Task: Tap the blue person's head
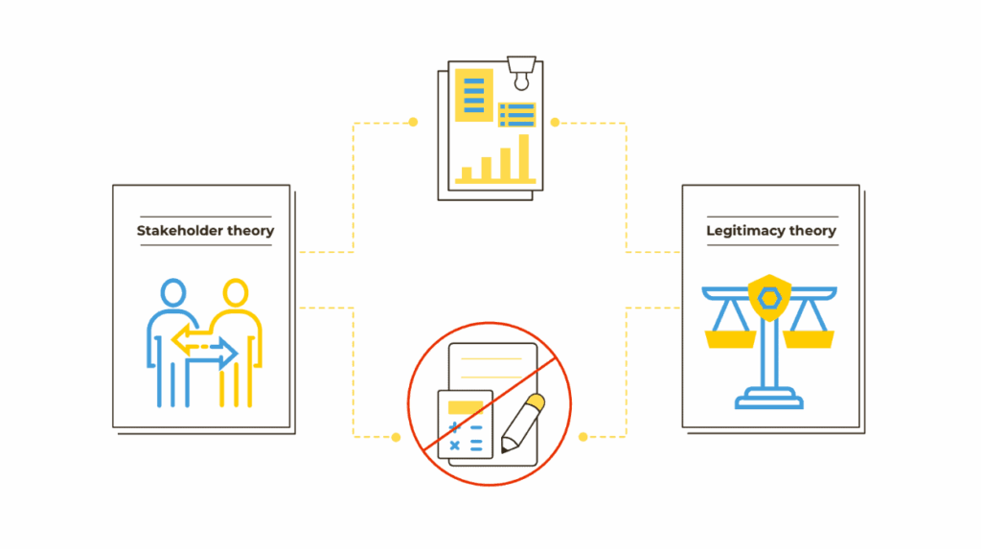pyautogui.click(x=173, y=292)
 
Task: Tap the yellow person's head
pyautogui.click(x=235, y=292)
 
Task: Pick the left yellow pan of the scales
pyautogui.click(x=730, y=338)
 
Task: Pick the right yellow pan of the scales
pyautogui.click(x=809, y=338)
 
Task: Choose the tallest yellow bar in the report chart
pyautogui.click(x=523, y=157)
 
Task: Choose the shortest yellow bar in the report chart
pyautogui.click(x=467, y=174)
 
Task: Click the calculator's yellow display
pyautogui.click(x=465, y=407)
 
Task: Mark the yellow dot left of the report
pyautogui.click(x=413, y=122)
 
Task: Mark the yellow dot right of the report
pyautogui.click(x=555, y=122)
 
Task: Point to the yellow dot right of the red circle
pyautogui.click(x=582, y=437)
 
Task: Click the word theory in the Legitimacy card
pyautogui.click(x=814, y=231)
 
